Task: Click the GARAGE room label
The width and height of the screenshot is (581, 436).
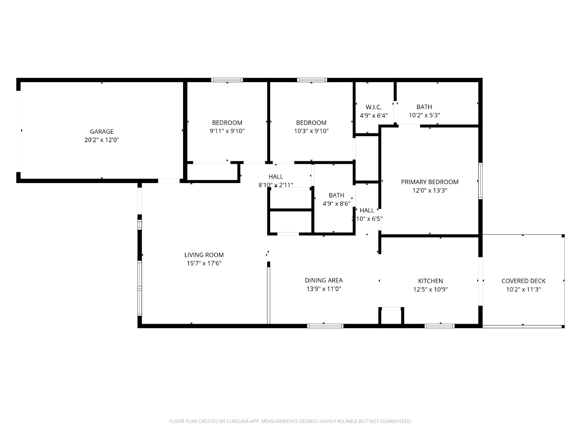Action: point(102,132)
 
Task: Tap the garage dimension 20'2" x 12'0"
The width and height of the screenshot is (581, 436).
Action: point(102,140)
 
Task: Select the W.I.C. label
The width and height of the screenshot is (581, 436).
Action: point(374,107)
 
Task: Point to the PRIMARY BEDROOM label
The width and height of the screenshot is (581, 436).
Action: point(430,182)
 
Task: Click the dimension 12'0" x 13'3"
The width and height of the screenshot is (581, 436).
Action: point(430,190)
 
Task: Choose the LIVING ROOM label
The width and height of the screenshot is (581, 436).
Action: point(204,255)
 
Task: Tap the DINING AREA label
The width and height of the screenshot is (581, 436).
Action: point(324,280)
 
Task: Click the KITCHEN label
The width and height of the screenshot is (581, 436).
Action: point(430,281)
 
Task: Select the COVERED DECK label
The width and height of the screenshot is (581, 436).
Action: point(523,281)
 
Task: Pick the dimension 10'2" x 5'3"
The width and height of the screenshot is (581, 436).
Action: point(424,115)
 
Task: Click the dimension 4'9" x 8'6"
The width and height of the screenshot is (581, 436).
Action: point(336,203)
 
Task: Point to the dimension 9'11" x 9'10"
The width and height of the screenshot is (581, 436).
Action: point(227,131)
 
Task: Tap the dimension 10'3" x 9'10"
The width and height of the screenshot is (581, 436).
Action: point(311,131)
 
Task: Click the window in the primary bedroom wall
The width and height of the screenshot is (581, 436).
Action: point(480,181)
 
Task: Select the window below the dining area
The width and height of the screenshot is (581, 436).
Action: point(325,326)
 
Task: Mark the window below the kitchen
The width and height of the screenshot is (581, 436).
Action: point(439,326)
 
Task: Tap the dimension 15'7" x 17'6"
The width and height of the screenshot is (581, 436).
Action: point(204,263)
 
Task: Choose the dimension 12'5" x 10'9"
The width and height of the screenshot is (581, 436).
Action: point(430,289)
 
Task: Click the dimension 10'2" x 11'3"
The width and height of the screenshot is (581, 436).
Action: point(523,289)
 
